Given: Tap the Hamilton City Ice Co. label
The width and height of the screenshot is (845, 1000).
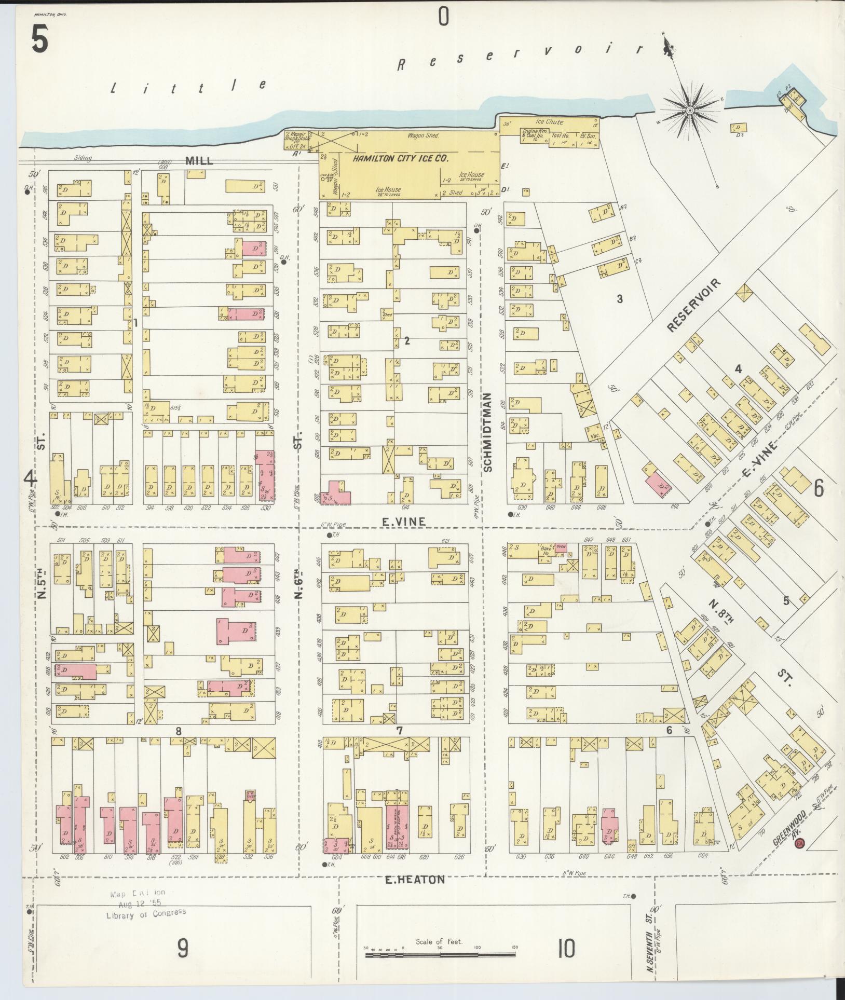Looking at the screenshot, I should (400, 159).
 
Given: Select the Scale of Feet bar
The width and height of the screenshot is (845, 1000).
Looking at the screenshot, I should (440, 954).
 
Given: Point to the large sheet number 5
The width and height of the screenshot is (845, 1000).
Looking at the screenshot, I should (40, 40).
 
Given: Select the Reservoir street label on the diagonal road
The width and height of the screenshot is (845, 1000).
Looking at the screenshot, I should (694, 305).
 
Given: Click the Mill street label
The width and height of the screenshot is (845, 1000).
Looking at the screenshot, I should (199, 161).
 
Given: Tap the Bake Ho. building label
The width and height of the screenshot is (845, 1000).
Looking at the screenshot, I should (546, 550).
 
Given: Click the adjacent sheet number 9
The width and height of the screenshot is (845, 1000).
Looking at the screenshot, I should (183, 949).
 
